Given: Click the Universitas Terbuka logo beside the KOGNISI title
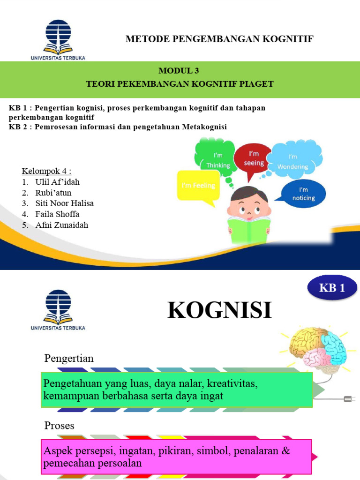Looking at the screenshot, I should [58, 309].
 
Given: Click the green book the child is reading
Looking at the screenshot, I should [249, 230].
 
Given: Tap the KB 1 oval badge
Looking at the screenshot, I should [332, 288].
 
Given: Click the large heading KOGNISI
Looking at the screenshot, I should [219, 310].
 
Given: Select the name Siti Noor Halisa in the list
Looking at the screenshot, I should [64, 203].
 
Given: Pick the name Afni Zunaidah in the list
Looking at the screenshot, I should [61, 225].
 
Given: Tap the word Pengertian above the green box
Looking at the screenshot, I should [69, 359].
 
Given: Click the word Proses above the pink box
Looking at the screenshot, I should [59, 425].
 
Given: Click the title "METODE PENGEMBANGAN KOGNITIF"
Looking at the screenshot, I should [219, 38].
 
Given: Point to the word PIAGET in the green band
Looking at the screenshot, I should [256, 84].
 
